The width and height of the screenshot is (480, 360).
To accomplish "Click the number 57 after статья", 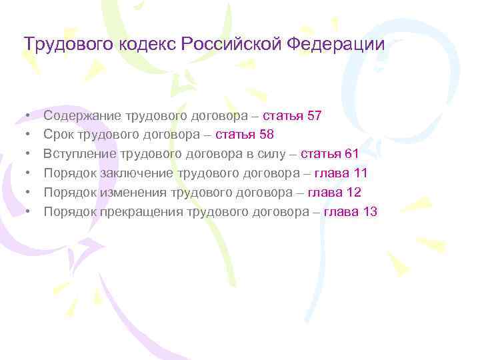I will tap(315, 116).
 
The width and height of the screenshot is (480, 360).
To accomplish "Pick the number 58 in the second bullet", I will tap(267, 135).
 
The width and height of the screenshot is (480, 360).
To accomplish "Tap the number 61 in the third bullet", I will tap(352, 155).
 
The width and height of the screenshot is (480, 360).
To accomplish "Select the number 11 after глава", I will tap(361, 174).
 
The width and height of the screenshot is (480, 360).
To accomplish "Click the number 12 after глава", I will tap(353, 193).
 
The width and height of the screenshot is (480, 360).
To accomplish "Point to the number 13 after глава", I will tap(371, 213).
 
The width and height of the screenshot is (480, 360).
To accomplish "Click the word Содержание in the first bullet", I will tap(79, 116).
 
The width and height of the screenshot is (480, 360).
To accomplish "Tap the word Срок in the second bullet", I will tap(57, 135).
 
